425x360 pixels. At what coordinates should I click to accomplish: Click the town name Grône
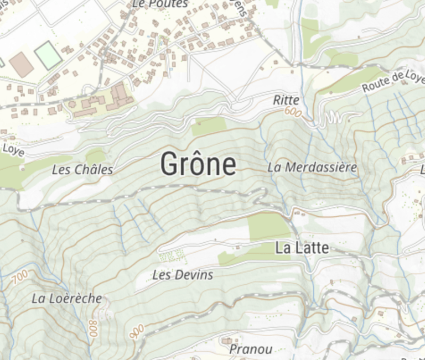click(x=198, y=164)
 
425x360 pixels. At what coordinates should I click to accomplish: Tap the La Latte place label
click(x=302, y=249)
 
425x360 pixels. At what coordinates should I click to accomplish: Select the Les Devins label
click(x=183, y=274)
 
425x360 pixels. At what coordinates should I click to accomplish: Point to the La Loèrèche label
click(x=66, y=299)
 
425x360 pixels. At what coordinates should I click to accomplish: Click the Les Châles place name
click(x=82, y=170)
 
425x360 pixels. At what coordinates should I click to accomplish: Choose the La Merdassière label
click(x=312, y=167)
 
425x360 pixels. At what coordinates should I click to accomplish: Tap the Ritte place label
click(x=286, y=100)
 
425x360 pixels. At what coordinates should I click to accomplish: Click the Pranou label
click(x=251, y=349)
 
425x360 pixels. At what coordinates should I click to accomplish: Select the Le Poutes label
click(x=160, y=4)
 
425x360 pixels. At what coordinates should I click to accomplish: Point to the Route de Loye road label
click(x=392, y=81)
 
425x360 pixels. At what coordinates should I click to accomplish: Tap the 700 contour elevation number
click(x=19, y=278)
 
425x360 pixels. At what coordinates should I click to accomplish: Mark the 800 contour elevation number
click(x=92, y=329)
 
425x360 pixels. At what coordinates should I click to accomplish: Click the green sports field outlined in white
click(x=48, y=55)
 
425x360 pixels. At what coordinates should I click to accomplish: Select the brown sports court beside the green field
click(x=22, y=64)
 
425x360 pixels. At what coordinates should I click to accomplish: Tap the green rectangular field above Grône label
click(x=209, y=126)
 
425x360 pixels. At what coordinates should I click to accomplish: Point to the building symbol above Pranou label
click(x=227, y=340)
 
